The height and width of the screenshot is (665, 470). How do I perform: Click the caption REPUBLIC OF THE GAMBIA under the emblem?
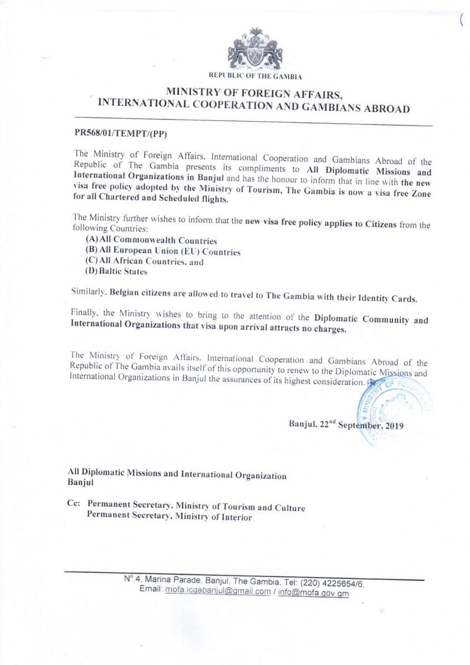point(256,75)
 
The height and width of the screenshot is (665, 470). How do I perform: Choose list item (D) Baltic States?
point(116,272)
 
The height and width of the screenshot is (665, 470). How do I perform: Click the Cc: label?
point(74,506)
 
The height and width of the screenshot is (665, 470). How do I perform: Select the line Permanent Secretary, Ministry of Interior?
point(169,517)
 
